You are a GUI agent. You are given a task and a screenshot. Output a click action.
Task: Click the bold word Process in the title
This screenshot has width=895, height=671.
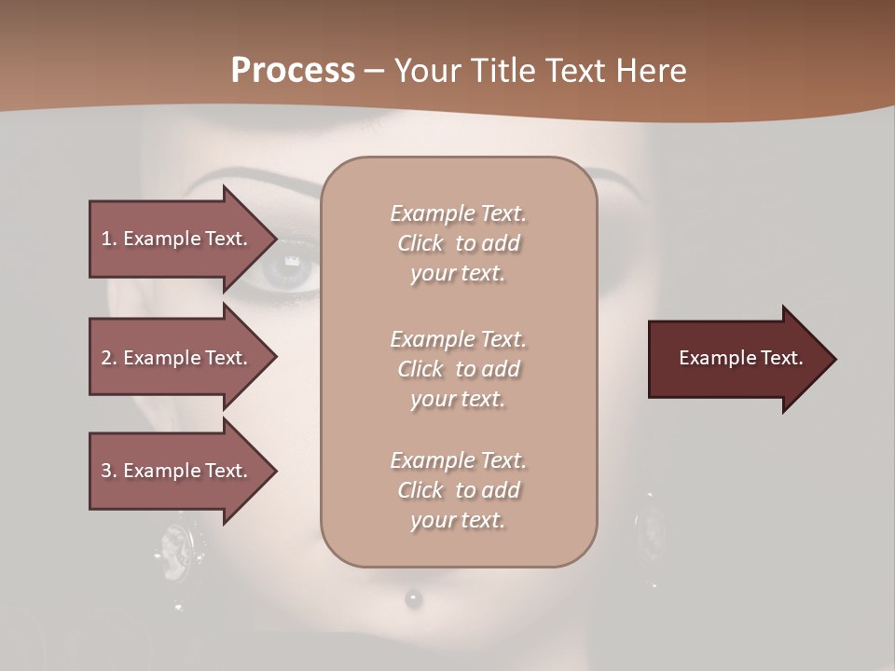(x=293, y=71)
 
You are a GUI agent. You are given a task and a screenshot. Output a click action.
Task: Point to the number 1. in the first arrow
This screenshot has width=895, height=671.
(x=109, y=239)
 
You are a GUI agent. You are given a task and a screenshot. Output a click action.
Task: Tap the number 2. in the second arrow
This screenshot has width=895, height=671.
(x=109, y=358)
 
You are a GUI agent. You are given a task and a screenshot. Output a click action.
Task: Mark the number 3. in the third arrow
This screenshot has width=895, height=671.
(x=109, y=471)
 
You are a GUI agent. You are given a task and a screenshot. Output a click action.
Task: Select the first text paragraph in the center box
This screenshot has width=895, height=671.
(x=458, y=243)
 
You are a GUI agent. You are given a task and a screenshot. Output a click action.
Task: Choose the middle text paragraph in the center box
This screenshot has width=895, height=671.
(x=458, y=369)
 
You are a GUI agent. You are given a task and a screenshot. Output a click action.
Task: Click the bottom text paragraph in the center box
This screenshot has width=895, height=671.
(x=458, y=490)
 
